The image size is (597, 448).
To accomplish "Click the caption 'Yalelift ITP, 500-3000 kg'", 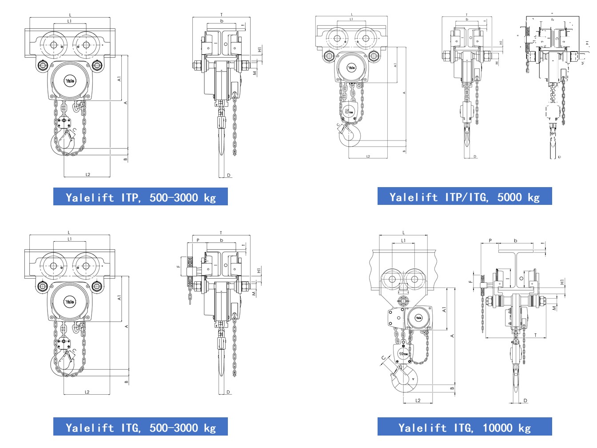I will (x=140, y=197).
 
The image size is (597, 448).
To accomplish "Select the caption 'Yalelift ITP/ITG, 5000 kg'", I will (x=465, y=196).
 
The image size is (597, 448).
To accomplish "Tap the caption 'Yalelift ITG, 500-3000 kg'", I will (x=140, y=427).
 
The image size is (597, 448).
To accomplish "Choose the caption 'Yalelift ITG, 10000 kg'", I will (x=465, y=427).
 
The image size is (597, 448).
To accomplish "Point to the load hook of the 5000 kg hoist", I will (x=350, y=135).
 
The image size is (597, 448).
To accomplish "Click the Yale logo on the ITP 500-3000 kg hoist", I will (x=70, y=81).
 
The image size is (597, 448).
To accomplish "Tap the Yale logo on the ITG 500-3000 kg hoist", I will (x=70, y=302).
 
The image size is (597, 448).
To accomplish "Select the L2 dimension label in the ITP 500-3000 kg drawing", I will (x=88, y=175).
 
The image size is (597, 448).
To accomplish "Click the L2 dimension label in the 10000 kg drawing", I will (x=418, y=400).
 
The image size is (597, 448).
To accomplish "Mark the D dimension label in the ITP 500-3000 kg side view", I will (x=229, y=175).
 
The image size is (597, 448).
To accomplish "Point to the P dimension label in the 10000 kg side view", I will (x=490, y=240).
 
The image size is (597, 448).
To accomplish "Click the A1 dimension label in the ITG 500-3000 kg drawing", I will (x=119, y=298).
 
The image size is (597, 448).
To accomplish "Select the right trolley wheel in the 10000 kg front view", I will (x=414, y=280).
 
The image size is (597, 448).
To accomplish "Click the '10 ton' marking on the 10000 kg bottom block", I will (x=403, y=354).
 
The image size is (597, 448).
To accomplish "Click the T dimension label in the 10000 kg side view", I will (x=535, y=335).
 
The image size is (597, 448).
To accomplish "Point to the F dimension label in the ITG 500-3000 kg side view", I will (x=179, y=266).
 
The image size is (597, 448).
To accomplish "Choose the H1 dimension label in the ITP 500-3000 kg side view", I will (x=259, y=50).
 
